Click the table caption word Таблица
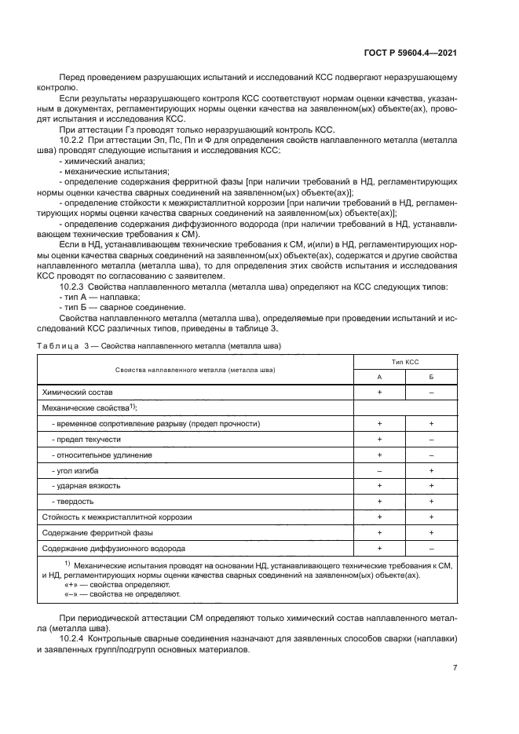[x=60, y=345]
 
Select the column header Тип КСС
[x=405, y=363]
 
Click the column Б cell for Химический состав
[x=431, y=391]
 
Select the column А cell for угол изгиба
[x=379, y=469]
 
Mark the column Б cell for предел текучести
[x=431, y=439]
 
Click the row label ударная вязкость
[x=86, y=485]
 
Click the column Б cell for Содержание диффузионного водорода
[x=431, y=548]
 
